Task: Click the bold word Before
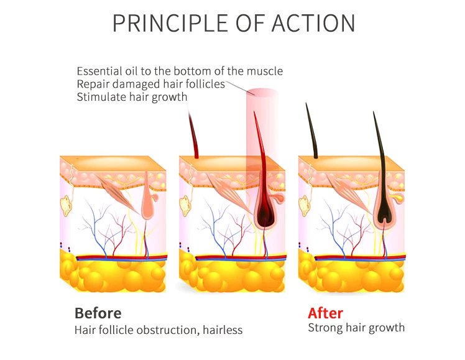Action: [98, 313]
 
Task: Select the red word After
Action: [325, 313]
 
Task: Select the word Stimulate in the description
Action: [101, 97]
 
